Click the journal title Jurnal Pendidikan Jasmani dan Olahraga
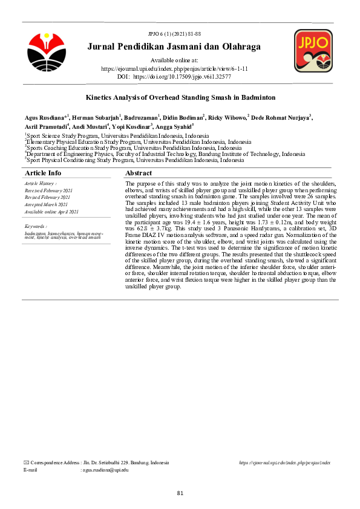(x=174, y=47)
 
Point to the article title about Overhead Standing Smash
(x=180, y=97)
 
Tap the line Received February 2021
(x=48, y=190)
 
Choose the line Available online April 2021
(x=51, y=212)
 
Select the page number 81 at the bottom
(x=180, y=493)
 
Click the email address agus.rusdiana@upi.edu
(x=105, y=470)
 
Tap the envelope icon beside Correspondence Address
(x=25, y=462)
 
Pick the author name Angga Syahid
(x=176, y=127)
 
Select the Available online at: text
(x=174, y=61)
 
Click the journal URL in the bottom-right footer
(x=284, y=462)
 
